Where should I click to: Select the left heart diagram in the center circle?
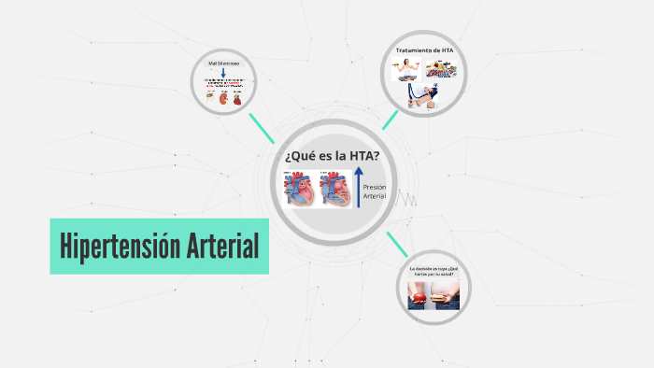tap(300, 191)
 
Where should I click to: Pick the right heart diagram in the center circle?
tap(335, 191)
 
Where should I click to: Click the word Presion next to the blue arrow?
tap(374, 187)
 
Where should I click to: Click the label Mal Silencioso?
tap(222, 64)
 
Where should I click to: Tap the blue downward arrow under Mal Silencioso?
tap(222, 74)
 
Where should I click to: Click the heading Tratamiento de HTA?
tap(426, 50)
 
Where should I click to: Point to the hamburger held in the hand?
tap(443, 296)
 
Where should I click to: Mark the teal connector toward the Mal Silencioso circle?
tap(262, 128)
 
